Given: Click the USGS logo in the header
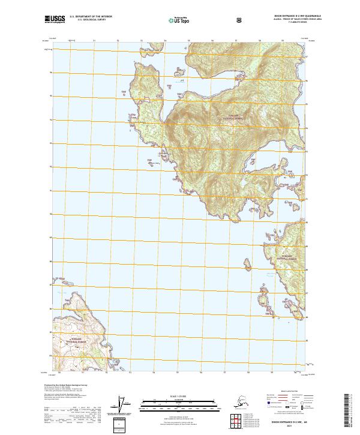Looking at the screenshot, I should tap(54, 20).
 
